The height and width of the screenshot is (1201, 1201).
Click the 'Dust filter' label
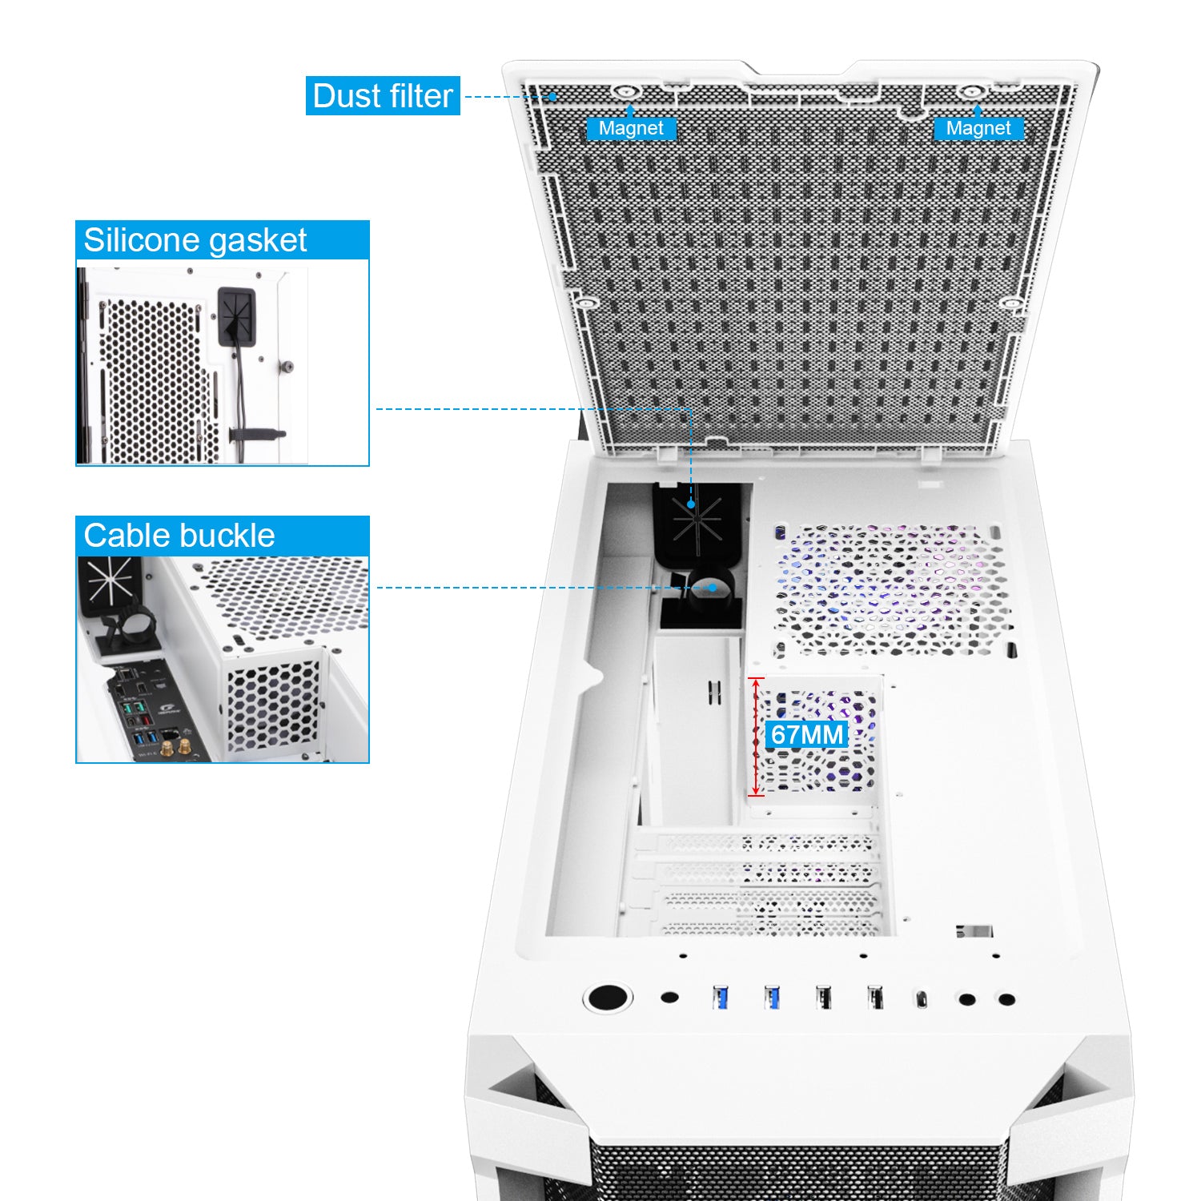coord(383,96)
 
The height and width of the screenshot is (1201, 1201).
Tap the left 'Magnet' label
coord(631,128)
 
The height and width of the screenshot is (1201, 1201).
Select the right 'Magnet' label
coord(978,128)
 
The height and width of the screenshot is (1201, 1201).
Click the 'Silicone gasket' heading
coord(195,240)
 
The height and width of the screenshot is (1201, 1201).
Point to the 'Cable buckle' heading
coord(179,536)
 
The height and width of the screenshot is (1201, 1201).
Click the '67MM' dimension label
coord(807,734)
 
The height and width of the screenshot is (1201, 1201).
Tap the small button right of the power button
coord(670,998)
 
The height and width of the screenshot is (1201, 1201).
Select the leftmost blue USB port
coord(720,998)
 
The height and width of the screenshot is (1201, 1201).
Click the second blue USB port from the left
coord(772,998)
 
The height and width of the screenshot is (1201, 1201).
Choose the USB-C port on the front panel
coord(922,998)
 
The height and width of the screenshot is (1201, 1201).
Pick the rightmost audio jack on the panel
coord(1007,999)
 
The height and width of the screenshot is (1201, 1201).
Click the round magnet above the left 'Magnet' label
coord(625,92)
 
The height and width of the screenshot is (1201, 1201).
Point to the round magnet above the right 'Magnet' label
coord(971,92)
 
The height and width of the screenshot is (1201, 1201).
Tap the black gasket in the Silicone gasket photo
coord(236,315)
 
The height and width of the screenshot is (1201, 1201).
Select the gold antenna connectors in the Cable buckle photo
coord(176,748)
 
